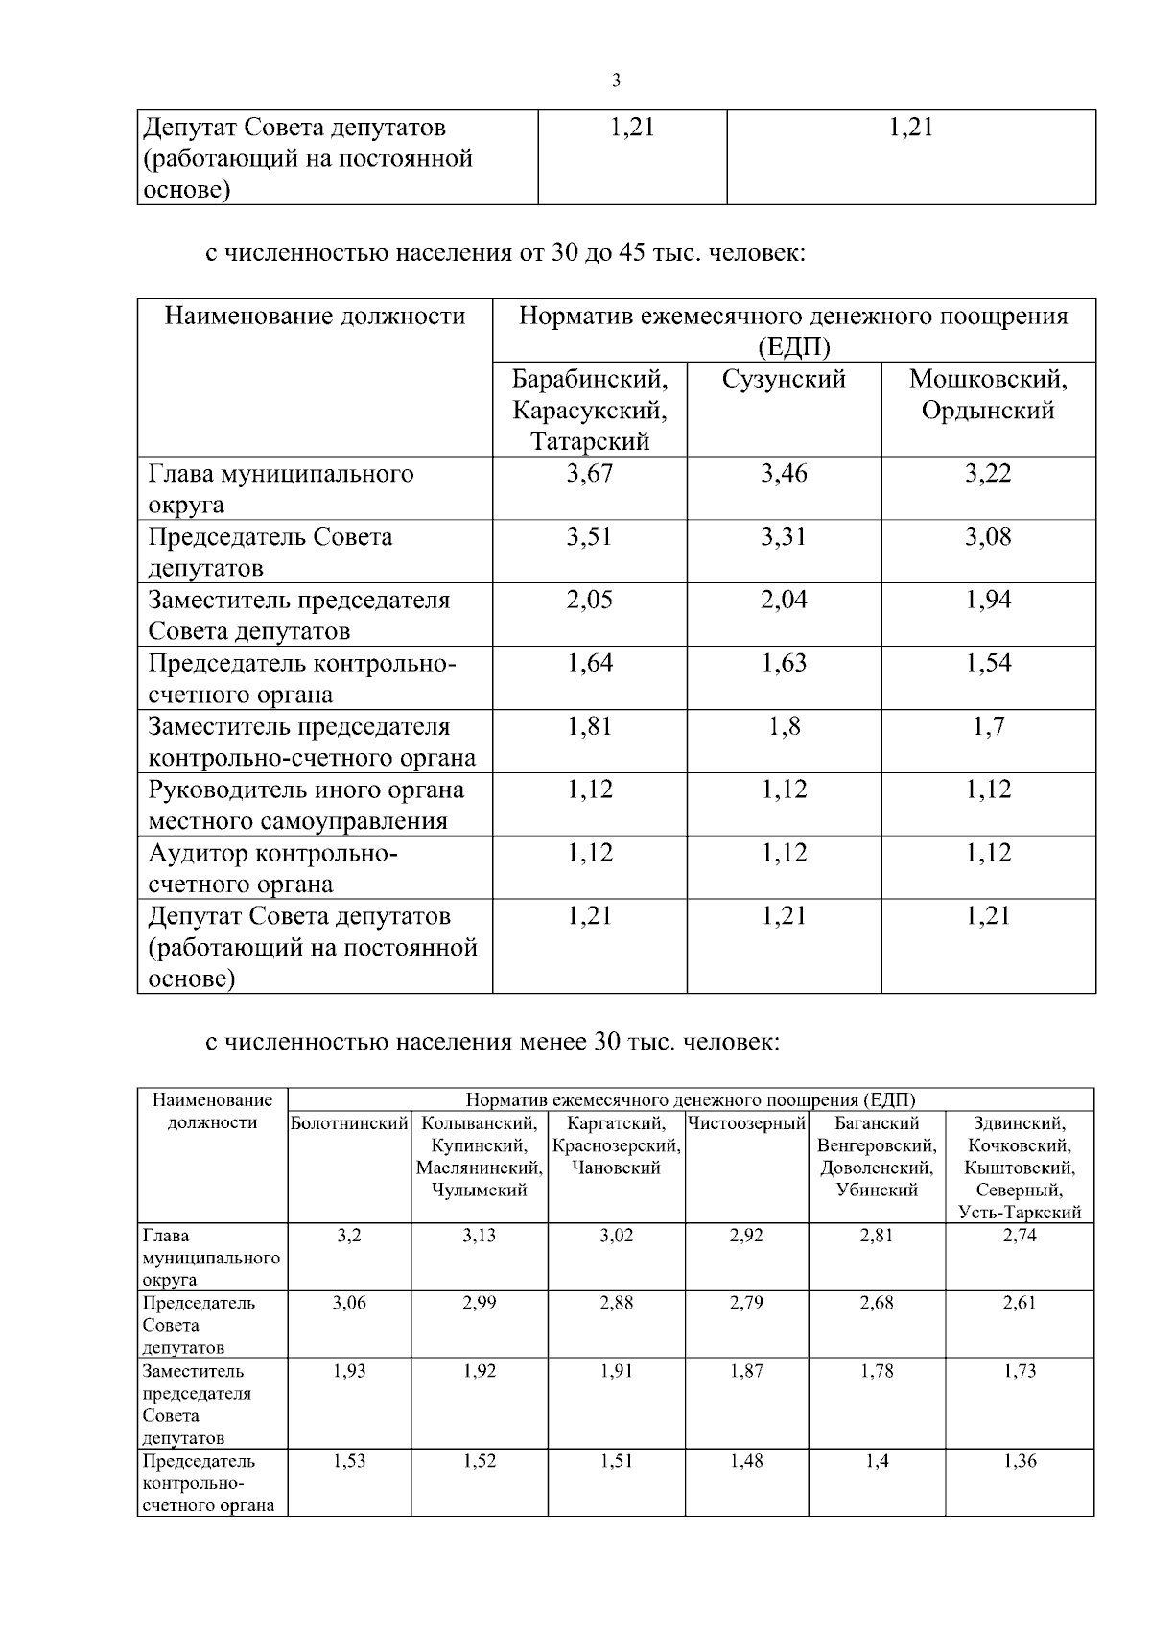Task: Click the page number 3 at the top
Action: (616, 81)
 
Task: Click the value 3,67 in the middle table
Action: (589, 474)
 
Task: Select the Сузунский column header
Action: (784, 380)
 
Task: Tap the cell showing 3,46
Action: (784, 474)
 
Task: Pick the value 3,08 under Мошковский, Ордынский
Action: (988, 537)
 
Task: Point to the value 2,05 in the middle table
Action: (589, 601)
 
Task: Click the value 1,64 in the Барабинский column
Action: (589, 664)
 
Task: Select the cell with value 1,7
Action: (988, 727)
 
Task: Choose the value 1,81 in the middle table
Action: (589, 727)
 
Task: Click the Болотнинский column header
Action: (349, 1123)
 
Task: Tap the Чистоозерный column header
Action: (746, 1123)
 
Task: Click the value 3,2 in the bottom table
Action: (349, 1236)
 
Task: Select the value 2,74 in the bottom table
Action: (1020, 1236)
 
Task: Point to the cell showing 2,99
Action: (480, 1303)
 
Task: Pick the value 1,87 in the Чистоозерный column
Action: (746, 1371)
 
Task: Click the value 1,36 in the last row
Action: (1020, 1461)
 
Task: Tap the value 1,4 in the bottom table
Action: (877, 1461)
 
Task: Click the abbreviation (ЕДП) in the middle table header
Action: (793, 346)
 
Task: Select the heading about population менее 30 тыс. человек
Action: (492, 1042)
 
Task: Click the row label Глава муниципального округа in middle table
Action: (281, 488)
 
